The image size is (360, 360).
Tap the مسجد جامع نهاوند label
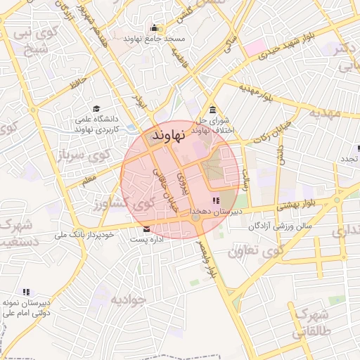153,39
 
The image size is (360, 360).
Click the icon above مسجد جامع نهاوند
153,29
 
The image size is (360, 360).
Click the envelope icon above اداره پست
146,229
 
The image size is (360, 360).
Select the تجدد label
349,159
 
